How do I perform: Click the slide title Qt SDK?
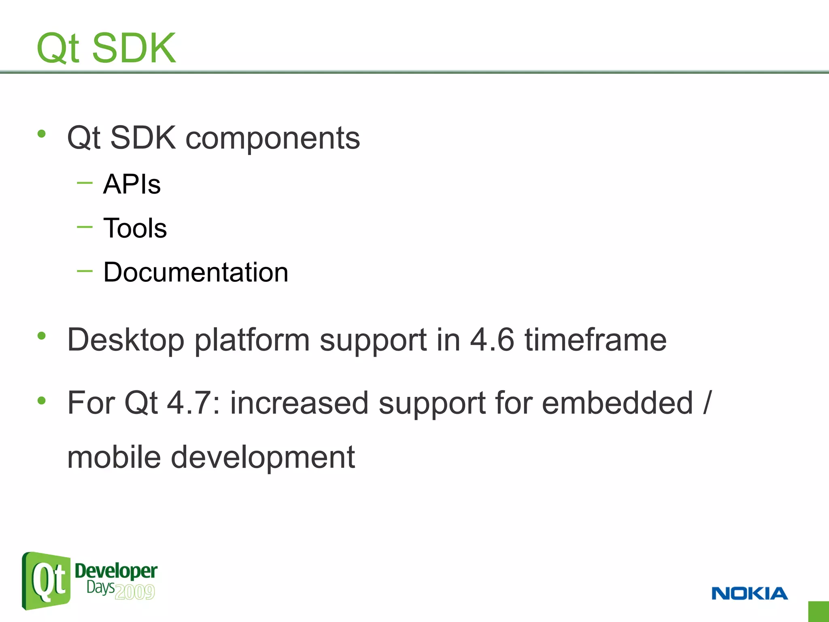106,48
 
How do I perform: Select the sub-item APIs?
132,184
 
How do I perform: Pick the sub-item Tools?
135,228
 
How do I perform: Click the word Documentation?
196,272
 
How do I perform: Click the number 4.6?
492,339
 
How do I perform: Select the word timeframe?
595,339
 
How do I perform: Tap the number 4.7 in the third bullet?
194,403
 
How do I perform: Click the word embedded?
617,403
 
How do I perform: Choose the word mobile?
114,457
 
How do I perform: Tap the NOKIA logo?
749,594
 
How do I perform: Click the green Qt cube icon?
46,581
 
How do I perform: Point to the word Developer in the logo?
116,571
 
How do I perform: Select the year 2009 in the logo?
135,592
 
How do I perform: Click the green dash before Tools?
85,227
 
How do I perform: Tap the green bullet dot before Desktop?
41,335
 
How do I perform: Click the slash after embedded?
707,403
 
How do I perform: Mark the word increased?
299,403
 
